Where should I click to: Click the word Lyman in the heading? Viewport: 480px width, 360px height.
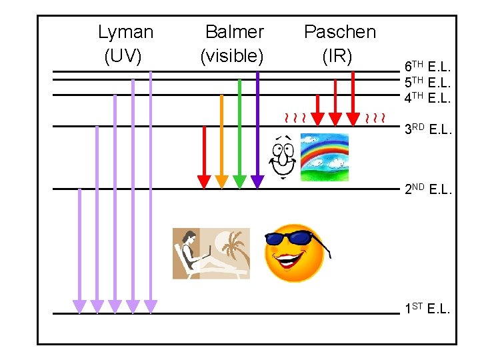(x=125, y=32)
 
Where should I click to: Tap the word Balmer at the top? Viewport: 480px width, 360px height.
(x=234, y=32)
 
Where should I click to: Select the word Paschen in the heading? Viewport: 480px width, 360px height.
(x=339, y=32)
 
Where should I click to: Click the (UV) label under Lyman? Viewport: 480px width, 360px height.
(x=123, y=56)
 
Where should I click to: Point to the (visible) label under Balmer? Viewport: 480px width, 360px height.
(x=232, y=56)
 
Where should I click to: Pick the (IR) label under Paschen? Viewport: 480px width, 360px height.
(x=337, y=56)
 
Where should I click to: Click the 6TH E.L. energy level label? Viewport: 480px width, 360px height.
(x=428, y=67)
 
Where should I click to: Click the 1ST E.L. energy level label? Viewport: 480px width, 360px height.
(x=428, y=309)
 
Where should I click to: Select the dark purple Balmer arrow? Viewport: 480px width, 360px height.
(x=257, y=127)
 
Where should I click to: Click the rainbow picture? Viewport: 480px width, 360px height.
(x=325, y=157)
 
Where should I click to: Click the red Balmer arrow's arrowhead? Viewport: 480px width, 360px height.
(x=205, y=181)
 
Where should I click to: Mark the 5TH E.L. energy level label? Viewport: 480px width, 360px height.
(x=428, y=83)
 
